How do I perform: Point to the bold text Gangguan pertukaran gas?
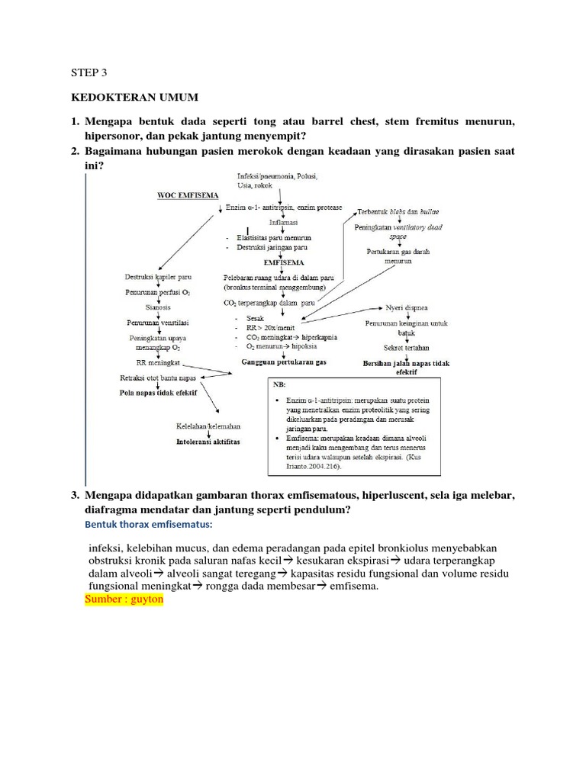point(283,362)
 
